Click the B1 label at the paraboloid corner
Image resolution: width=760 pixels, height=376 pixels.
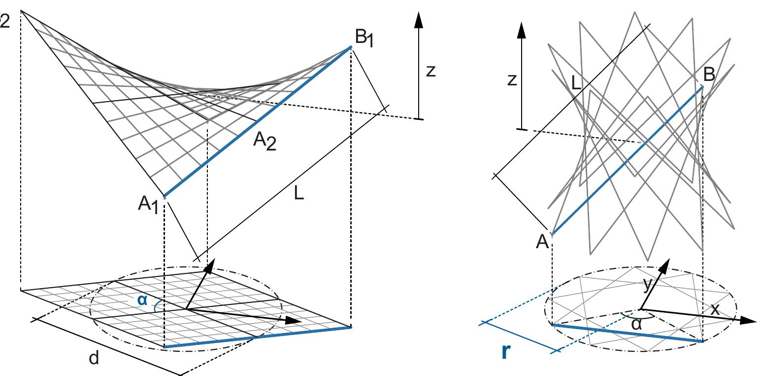pos(364,38)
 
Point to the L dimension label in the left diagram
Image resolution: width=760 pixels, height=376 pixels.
pos(298,193)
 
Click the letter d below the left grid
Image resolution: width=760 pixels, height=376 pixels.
pos(94,359)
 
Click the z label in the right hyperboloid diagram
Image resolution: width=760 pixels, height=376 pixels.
pos(512,80)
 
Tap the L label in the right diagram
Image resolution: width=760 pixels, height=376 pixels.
pos(577,82)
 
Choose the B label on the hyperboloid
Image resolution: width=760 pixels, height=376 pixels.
pos(709,75)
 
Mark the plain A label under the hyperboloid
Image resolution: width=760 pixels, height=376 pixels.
pos(542,242)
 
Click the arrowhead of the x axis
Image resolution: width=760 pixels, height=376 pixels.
pos(749,320)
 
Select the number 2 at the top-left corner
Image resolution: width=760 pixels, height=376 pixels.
pos(4,22)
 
